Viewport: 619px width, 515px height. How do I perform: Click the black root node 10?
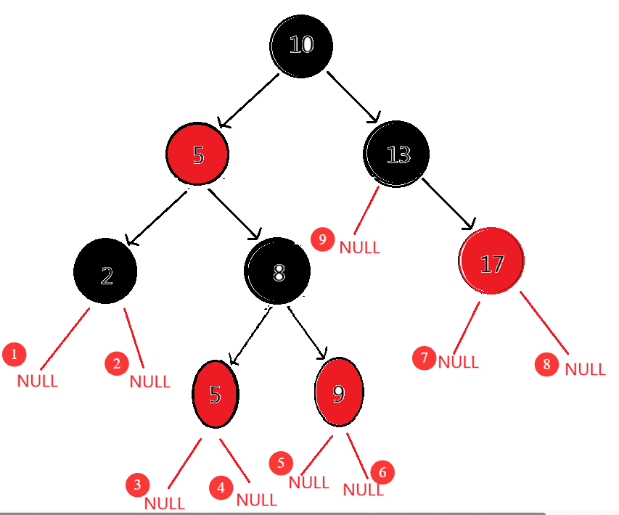pos(301,45)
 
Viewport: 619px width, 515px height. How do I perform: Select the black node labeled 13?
pos(397,154)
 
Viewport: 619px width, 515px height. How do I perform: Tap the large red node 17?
pos(491,262)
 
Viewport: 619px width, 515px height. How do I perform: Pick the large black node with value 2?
pos(106,273)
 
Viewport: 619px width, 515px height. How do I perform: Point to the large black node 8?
pos(278,271)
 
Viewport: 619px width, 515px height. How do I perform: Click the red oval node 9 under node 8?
pos(339,392)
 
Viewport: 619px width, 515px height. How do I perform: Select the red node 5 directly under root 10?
pos(197,154)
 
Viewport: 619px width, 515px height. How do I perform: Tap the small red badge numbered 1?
pos(14,355)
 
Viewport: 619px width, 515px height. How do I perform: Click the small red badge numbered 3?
pos(136,485)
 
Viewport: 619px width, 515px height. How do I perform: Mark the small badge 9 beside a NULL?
pos(322,238)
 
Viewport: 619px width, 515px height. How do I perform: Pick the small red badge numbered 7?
pos(425,358)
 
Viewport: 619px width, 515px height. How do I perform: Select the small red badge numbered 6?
pos(382,472)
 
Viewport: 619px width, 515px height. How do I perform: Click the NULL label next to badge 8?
pos(585,369)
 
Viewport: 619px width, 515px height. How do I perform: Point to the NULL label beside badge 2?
pos(149,382)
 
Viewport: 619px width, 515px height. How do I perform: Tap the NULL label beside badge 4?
pos(257,500)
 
